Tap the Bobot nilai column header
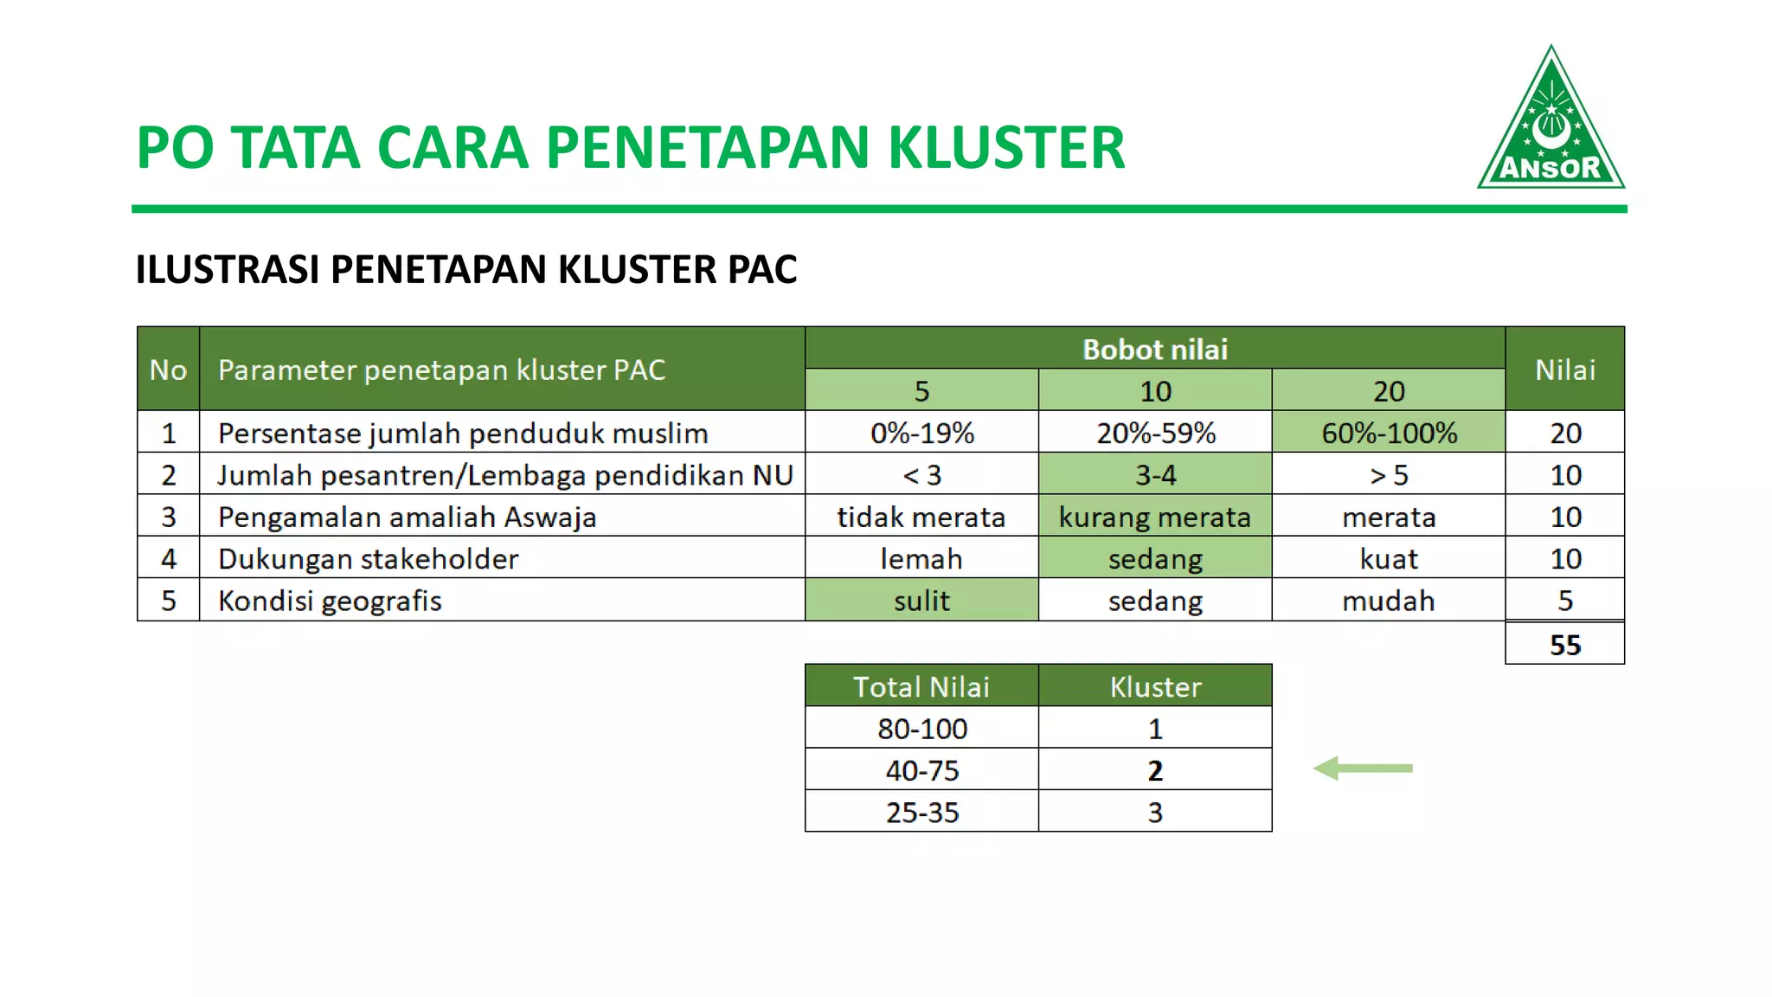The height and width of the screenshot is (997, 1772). click(1154, 349)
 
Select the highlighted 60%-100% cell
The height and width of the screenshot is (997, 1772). click(1388, 433)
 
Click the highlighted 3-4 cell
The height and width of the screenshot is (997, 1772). click(1154, 474)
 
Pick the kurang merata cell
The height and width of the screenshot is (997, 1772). click(1154, 517)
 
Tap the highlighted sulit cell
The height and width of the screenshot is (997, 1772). click(921, 601)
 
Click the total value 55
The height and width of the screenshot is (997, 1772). click(1564, 645)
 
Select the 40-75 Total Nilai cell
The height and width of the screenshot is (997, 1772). click(921, 770)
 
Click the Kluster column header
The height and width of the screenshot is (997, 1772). click(1154, 686)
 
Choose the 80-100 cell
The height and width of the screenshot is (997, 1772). click(921, 729)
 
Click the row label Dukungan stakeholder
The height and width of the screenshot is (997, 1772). click(368, 559)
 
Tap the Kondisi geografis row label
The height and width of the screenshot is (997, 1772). click(330, 601)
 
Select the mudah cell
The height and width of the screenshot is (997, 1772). click(1388, 601)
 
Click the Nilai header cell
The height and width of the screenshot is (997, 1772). click(1564, 370)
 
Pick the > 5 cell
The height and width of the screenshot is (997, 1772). click(1388, 474)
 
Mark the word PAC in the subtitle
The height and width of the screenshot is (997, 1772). click(761, 269)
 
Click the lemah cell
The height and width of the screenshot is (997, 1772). click(921, 559)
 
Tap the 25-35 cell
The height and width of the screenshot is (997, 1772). click(921, 813)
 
